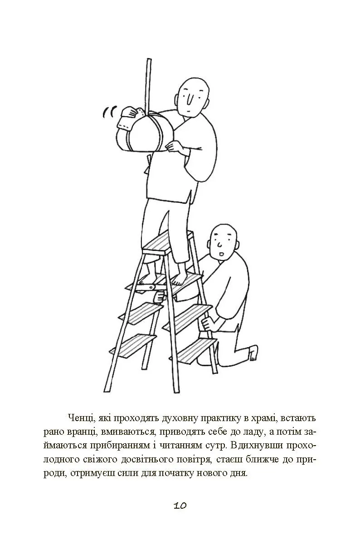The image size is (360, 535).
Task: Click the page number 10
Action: [180, 506]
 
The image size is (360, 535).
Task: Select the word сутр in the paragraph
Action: [213, 447]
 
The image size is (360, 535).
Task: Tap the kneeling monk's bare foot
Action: [253, 353]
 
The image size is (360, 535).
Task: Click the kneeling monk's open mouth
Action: [220, 254]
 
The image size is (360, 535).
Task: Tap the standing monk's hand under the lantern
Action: [176, 147]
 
